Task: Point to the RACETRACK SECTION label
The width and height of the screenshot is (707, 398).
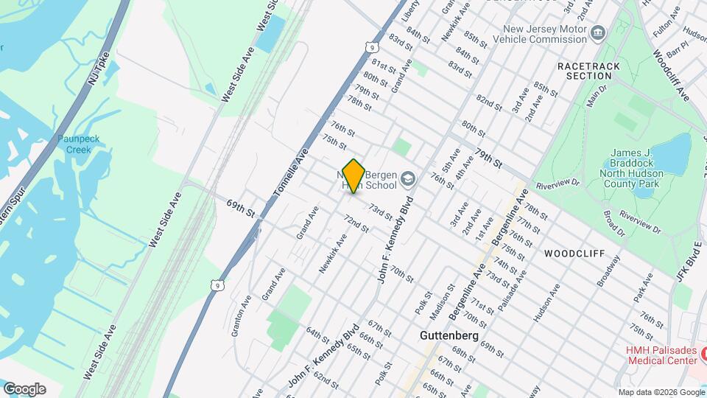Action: [589, 71]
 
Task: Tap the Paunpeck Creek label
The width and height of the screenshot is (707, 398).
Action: [75, 144]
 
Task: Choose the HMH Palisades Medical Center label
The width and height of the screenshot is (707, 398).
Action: [662, 355]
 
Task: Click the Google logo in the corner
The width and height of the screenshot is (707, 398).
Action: [24, 389]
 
